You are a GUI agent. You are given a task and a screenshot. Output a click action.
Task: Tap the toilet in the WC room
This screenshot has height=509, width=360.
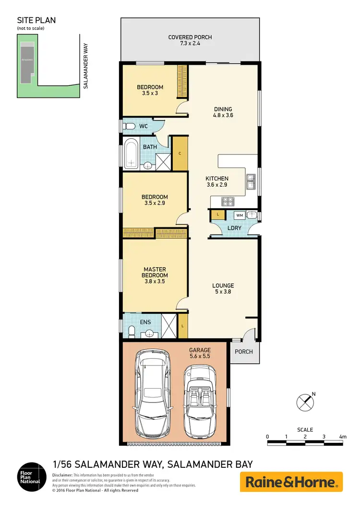(x=128, y=126)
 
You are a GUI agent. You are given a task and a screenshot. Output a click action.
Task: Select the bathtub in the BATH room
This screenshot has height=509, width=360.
(x=130, y=154)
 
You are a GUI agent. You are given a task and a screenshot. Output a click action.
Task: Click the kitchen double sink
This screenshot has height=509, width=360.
(x=251, y=181)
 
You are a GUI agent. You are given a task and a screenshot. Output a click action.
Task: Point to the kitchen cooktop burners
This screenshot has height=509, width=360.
(x=227, y=201)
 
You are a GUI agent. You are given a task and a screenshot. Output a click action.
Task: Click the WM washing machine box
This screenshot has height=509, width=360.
(x=240, y=215)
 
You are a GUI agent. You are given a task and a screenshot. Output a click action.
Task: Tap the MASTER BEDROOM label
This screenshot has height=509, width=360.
(x=155, y=272)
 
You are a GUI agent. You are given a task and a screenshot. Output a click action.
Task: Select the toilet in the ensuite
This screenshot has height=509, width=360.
(x=131, y=331)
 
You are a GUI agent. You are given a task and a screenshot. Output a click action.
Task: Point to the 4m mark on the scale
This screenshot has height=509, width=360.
(x=342, y=437)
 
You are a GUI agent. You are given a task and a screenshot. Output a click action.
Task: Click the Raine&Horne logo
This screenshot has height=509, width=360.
(x=291, y=482)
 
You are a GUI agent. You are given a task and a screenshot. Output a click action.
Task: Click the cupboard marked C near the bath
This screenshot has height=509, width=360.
(x=180, y=154)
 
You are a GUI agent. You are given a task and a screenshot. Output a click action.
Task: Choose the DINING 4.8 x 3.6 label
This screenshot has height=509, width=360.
(x=223, y=112)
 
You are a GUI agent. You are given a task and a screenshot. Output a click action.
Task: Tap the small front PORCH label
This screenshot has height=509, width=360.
(x=243, y=352)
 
